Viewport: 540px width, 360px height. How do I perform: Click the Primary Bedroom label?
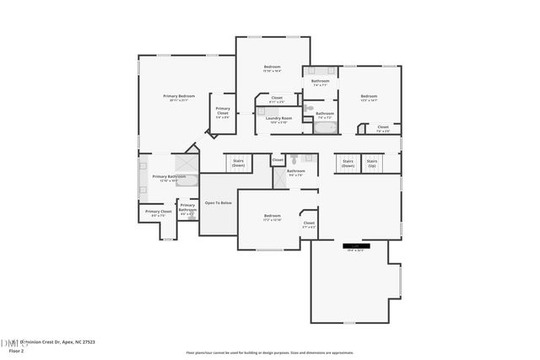(179, 97)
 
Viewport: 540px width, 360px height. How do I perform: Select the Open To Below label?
(218, 203)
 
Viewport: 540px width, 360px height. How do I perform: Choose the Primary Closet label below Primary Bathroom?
(159, 212)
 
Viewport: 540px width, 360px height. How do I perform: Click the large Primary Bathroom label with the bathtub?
(168, 177)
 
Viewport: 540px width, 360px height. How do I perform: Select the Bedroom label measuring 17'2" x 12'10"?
(272, 217)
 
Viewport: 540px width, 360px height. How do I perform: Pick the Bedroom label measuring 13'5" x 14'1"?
(369, 97)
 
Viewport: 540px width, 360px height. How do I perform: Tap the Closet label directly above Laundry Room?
(277, 99)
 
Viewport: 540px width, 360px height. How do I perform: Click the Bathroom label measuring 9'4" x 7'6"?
(295, 172)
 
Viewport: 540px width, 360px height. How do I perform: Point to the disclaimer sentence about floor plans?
(270, 352)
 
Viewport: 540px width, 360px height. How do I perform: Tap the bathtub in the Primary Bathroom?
(188, 179)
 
